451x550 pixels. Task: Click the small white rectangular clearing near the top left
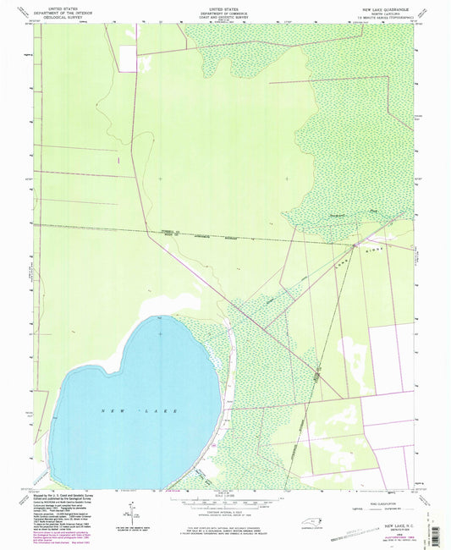(x=127, y=58)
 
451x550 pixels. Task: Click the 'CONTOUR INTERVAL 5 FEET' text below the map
(x=225, y=515)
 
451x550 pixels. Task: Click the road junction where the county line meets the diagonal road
(x=354, y=245)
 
